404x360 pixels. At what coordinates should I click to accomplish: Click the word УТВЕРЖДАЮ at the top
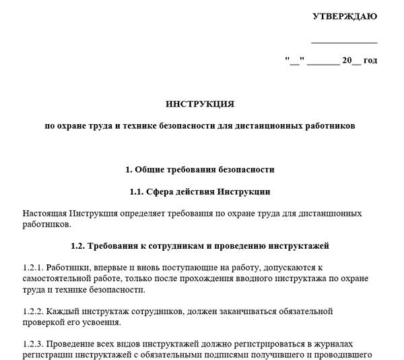point(345,16)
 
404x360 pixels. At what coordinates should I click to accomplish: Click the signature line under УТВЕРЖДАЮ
point(345,42)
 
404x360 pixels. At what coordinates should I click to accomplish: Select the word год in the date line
point(370,61)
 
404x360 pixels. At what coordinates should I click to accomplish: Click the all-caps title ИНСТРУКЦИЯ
point(200,104)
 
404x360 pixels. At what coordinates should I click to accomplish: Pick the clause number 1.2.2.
point(32,311)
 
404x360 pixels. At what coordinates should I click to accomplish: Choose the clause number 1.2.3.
point(32,344)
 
